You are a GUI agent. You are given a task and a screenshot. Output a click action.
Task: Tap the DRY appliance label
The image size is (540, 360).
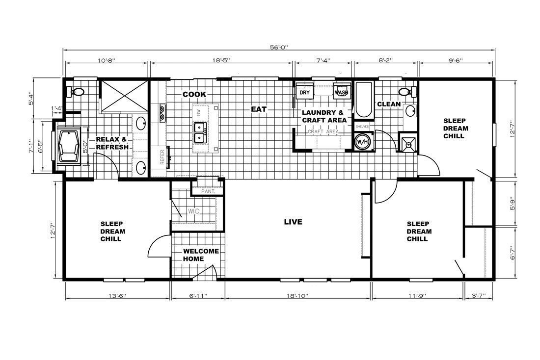pos(304,92)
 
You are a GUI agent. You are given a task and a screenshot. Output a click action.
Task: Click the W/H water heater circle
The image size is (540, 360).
pos(362,142)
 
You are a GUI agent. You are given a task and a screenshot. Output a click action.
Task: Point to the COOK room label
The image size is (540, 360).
pos(194,94)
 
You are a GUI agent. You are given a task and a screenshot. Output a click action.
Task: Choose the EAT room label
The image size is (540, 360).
pos(259,109)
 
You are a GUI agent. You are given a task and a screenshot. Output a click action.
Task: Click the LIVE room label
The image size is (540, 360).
pos(293,222)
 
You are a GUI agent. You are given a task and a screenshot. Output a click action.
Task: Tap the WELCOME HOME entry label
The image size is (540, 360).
pos(201,255)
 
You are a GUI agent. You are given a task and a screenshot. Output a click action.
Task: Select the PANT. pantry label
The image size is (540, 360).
pos(208,191)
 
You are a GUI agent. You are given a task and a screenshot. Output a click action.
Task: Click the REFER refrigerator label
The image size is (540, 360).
pos(162,156)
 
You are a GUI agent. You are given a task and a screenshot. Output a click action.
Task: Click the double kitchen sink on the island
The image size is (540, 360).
pos(200,132)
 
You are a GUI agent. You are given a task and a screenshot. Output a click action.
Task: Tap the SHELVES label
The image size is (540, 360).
pos(362,126)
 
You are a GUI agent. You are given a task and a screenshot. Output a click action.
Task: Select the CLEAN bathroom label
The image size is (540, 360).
pos(388,104)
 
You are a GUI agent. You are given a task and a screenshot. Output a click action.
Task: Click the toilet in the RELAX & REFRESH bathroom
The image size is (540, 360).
pos(78,91)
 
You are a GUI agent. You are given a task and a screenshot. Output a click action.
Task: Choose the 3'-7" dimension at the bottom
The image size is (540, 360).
pos(478,296)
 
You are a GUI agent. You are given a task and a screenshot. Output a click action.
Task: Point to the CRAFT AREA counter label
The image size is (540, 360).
pos(324,132)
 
